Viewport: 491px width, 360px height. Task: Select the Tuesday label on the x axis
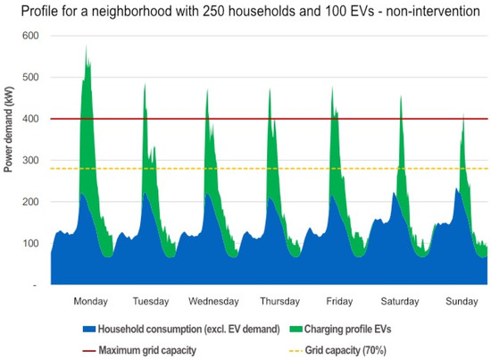click(150, 300)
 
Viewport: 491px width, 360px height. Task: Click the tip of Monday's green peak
click(87, 46)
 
